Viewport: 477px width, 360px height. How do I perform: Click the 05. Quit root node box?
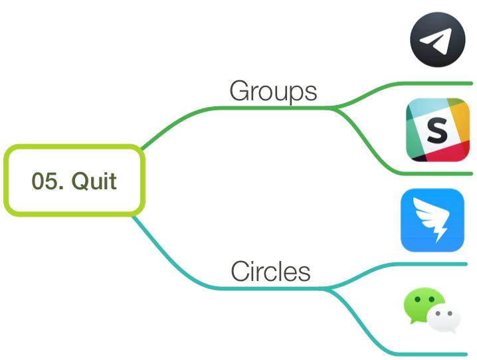(x=74, y=180)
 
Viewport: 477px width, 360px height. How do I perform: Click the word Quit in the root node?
(x=94, y=181)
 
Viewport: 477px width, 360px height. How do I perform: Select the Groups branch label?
(x=273, y=91)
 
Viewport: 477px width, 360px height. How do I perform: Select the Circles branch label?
(x=271, y=271)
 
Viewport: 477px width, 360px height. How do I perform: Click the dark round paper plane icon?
(x=438, y=40)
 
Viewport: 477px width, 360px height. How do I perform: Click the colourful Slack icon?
(x=438, y=130)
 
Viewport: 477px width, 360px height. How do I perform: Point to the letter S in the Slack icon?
(x=437, y=130)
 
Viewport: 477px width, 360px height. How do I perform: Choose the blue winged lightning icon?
(x=432, y=220)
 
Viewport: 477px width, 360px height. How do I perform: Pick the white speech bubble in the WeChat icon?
(x=444, y=319)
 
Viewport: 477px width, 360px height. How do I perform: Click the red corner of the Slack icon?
(x=447, y=152)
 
